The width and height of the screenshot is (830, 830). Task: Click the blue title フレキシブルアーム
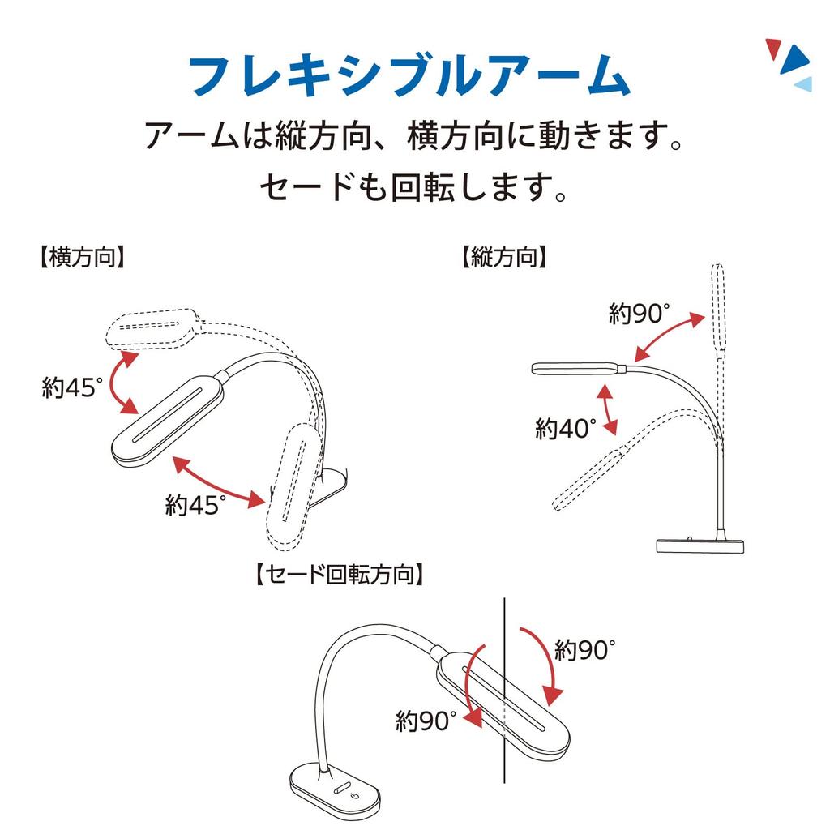pos(409,76)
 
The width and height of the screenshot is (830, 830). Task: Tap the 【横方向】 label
pos(81,258)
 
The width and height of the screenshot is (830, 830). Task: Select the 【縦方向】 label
pos(503,258)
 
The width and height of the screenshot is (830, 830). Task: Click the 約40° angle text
pos(565,428)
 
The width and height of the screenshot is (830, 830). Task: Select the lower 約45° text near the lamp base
pos(195,506)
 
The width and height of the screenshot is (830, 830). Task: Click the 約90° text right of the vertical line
pos(585,649)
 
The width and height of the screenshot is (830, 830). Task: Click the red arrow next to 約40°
pos(607,410)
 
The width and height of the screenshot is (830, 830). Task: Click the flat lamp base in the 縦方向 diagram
pos(699,545)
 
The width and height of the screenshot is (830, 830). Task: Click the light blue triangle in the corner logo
pos(802,83)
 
